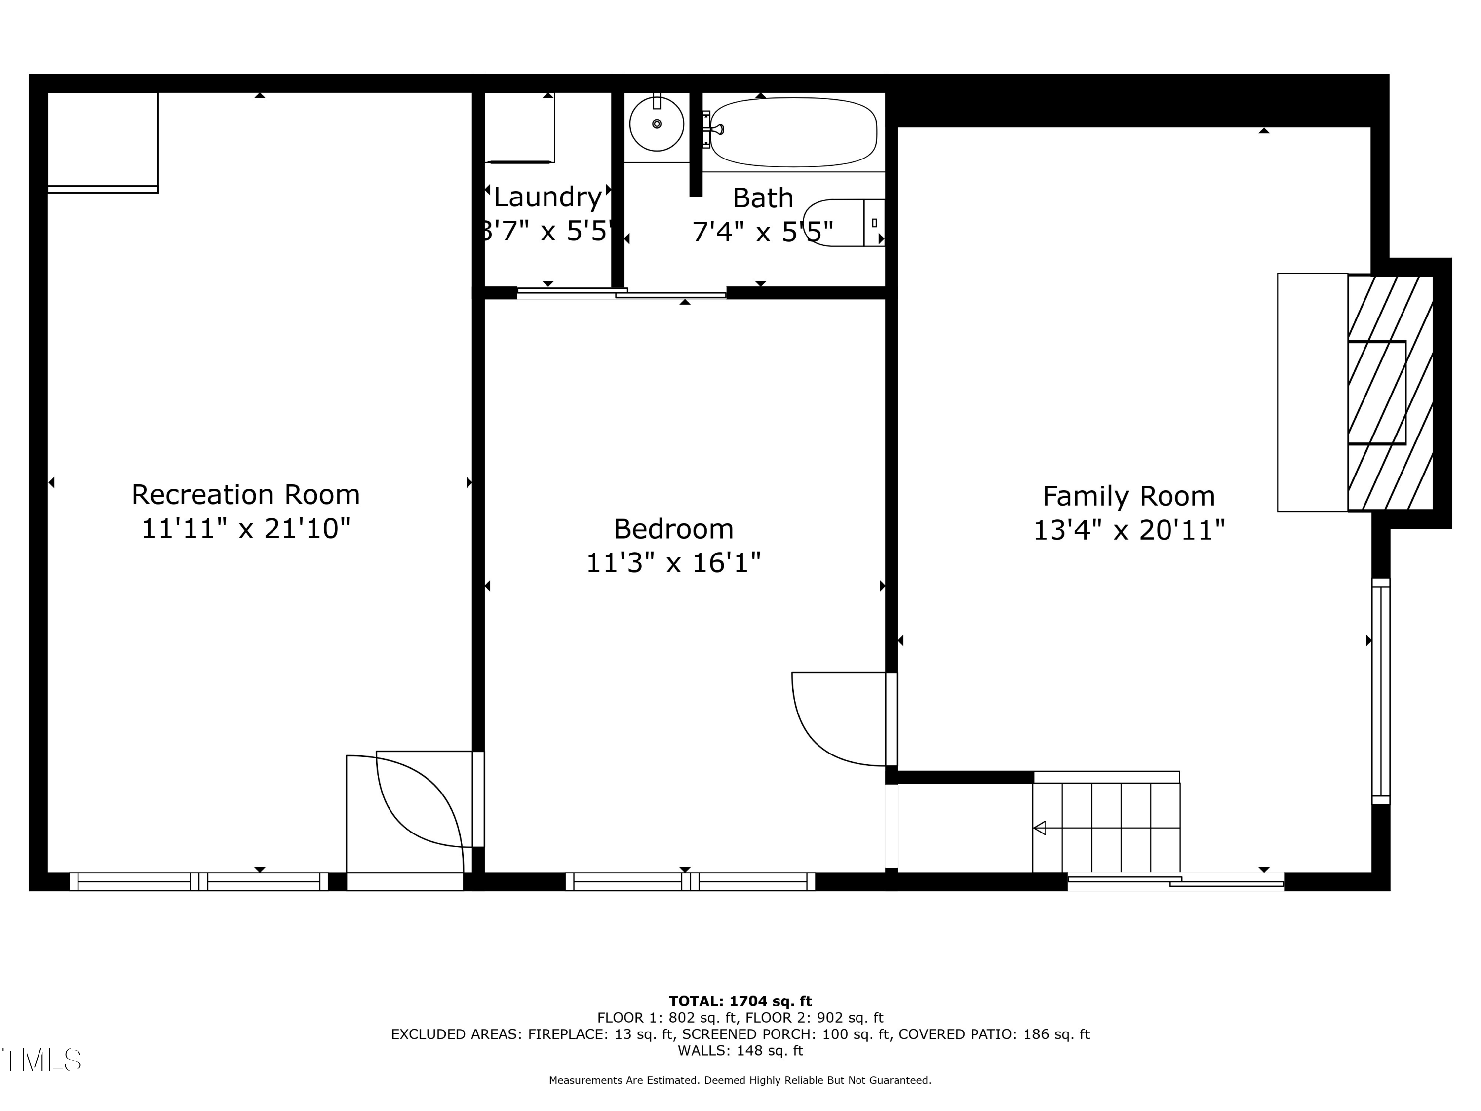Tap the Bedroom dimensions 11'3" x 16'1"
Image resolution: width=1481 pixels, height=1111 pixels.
[x=673, y=562]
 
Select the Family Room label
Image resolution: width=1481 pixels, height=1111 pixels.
[x=1129, y=496]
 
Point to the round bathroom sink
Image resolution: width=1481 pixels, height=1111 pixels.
[x=657, y=124]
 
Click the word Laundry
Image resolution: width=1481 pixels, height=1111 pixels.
[x=547, y=198]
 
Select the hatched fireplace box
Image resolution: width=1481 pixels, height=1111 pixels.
[x=1390, y=393]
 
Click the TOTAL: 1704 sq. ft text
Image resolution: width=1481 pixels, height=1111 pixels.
[x=740, y=1001]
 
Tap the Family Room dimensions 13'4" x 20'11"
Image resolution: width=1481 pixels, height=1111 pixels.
[x=1129, y=530]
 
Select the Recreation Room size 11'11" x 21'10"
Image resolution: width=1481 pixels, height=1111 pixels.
[x=246, y=529]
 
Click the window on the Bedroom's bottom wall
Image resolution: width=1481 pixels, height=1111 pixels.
[x=690, y=881]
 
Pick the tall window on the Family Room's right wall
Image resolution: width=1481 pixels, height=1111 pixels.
[x=1381, y=691]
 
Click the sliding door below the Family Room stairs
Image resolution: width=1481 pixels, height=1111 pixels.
[x=1176, y=881]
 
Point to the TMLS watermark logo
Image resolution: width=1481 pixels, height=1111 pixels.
[x=41, y=1060]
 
